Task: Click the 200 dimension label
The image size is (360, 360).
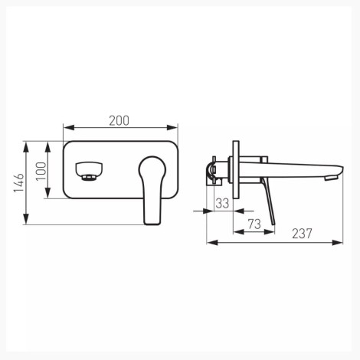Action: click(119, 121)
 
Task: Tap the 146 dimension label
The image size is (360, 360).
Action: click(19, 183)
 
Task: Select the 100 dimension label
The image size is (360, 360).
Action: click(41, 171)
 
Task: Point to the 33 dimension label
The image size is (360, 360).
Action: click(222, 204)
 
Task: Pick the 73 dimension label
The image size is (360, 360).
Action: click(254, 224)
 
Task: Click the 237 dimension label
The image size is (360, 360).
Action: click(302, 234)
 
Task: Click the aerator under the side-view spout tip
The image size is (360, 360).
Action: click(331, 178)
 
